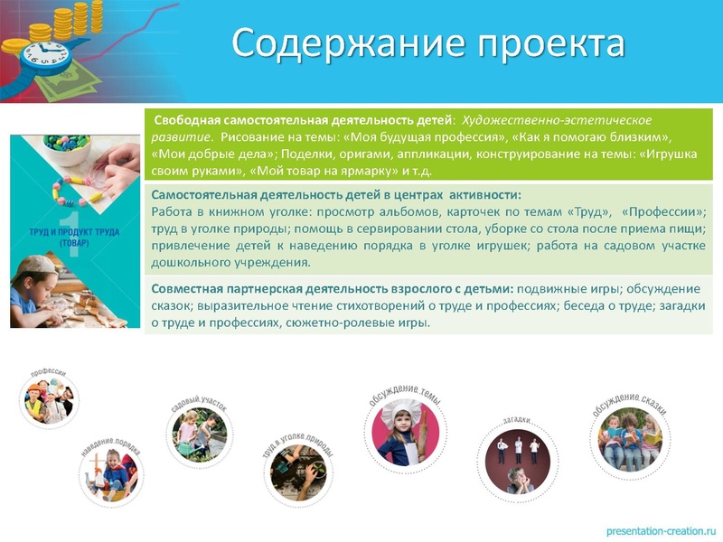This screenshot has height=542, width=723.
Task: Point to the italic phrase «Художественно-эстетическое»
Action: pyautogui.click(x=557, y=120)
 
